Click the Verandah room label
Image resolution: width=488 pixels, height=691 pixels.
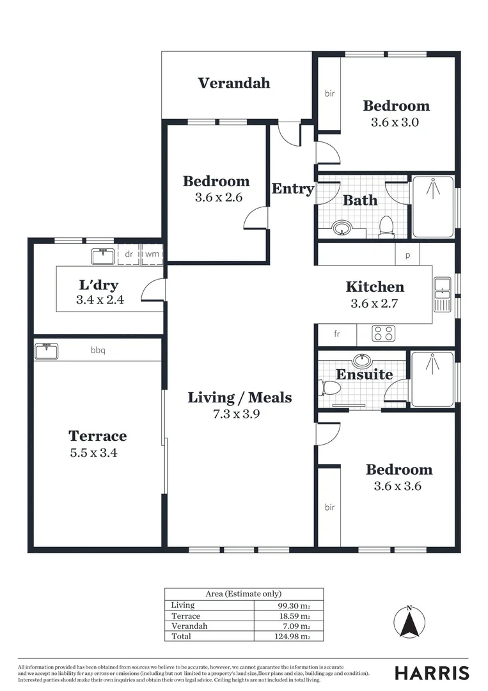pyautogui.click(x=233, y=83)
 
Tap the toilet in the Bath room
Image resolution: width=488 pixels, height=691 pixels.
pyautogui.click(x=386, y=225)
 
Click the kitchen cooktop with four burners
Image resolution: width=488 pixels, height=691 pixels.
pyautogui.click(x=384, y=333)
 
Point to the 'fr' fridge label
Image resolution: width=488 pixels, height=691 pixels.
pyautogui.click(x=336, y=334)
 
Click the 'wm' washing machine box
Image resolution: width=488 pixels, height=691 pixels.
pyautogui.click(x=152, y=254)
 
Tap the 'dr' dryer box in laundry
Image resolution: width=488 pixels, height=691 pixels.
pyautogui.click(x=129, y=254)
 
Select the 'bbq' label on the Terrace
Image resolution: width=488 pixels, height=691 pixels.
pyautogui.click(x=97, y=350)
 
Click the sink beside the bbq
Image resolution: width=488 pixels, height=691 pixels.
pyautogui.click(x=47, y=351)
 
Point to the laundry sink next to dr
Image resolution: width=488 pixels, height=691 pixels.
pyautogui.click(x=103, y=256)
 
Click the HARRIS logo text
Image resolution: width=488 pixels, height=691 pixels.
pyautogui.click(x=432, y=672)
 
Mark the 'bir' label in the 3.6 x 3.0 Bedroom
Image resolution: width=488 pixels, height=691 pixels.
pyautogui.click(x=329, y=93)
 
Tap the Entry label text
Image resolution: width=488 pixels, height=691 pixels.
pyautogui.click(x=293, y=189)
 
